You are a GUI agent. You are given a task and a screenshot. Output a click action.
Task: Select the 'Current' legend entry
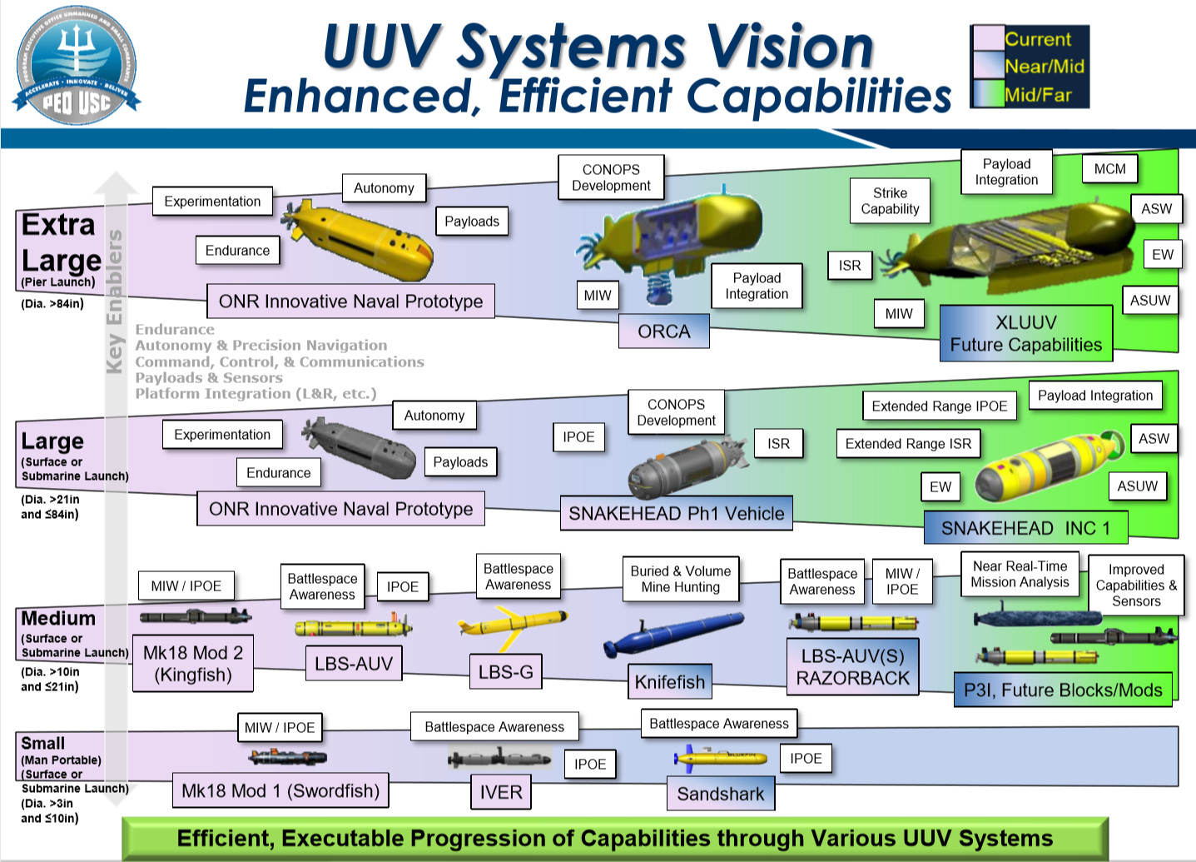click(x=1037, y=39)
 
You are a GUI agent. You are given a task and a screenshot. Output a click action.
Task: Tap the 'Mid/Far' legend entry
click(x=1037, y=94)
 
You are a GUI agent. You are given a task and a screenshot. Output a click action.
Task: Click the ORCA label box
click(x=664, y=331)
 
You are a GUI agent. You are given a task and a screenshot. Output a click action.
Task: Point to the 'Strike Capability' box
click(x=890, y=201)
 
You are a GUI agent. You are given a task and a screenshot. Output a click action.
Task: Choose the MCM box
click(x=1109, y=169)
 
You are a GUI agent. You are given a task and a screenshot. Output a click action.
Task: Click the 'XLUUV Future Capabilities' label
click(x=1025, y=333)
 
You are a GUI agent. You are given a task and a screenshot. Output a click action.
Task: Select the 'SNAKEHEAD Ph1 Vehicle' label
click(x=676, y=513)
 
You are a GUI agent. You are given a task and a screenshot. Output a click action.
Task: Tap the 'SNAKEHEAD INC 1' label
click(x=1025, y=528)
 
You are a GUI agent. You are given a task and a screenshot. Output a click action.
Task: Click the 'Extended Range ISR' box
click(x=908, y=444)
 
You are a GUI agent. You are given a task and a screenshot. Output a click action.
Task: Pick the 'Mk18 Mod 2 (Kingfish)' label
click(x=193, y=664)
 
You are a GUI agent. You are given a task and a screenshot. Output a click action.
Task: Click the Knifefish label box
click(x=669, y=682)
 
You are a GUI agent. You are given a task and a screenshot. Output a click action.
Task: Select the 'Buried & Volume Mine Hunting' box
click(x=680, y=579)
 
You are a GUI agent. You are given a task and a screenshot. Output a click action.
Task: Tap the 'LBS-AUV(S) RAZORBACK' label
click(x=852, y=666)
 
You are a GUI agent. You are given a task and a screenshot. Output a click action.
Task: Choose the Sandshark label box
click(x=720, y=794)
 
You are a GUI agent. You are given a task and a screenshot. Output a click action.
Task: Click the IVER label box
click(x=500, y=792)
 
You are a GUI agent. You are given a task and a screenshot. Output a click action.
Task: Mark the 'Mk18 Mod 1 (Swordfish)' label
click(x=280, y=790)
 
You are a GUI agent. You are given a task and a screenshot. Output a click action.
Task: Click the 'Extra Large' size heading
click(x=60, y=242)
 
